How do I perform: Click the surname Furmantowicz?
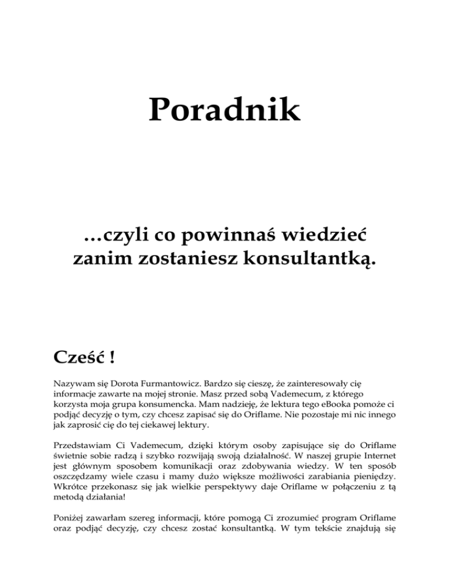(169, 383)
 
